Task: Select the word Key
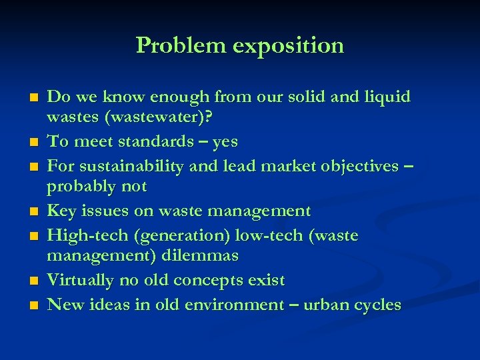tap(62, 211)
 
